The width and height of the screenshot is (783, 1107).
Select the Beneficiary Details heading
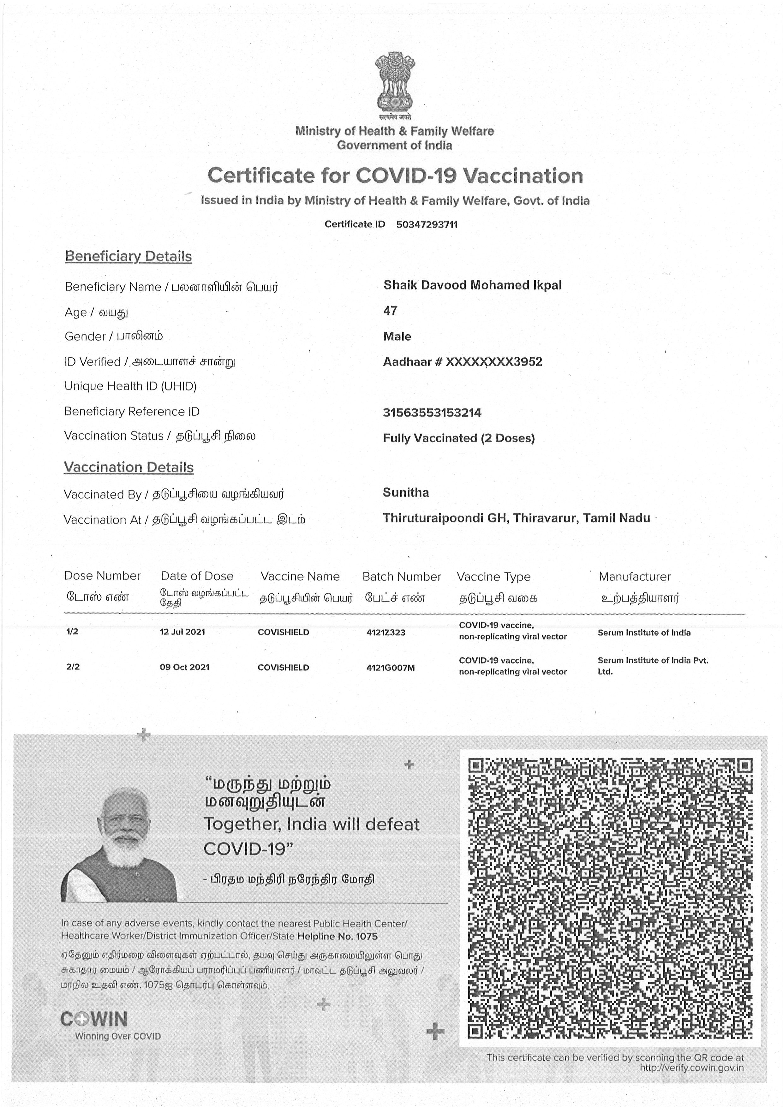click(128, 256)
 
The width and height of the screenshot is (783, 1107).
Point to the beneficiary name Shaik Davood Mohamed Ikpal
click(472, 285)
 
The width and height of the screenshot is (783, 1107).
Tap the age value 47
click(390, 311)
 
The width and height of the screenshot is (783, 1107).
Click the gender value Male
click(397, 336)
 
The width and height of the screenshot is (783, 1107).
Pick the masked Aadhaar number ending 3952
click(462, 362)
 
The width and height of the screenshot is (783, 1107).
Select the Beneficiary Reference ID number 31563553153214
click(432, 413)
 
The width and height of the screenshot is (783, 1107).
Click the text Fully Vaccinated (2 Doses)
click(458, 438)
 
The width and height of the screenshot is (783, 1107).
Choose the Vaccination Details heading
click(129, 467)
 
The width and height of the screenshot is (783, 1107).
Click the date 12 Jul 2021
click(182, 632)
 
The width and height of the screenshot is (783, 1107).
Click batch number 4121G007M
click(390, 668)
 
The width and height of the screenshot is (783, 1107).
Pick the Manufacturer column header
click(635, 577)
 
